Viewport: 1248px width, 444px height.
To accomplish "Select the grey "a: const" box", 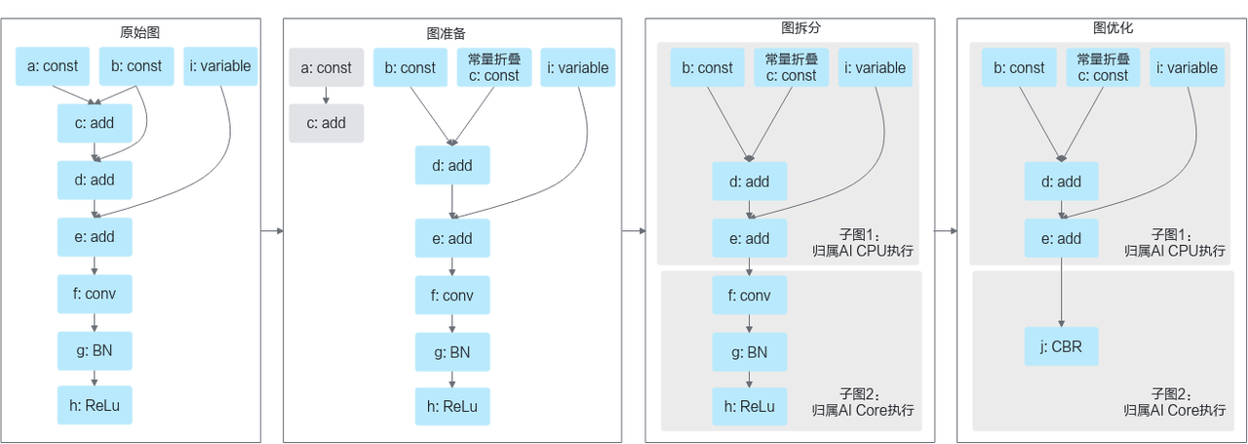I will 327,67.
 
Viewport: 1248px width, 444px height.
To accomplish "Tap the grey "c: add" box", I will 327,123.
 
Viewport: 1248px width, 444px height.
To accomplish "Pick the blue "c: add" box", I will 95,123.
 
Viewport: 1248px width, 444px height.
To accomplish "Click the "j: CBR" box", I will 1062,345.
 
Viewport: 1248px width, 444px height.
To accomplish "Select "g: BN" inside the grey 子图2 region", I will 749,351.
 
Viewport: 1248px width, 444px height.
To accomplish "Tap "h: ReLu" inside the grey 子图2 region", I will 749,406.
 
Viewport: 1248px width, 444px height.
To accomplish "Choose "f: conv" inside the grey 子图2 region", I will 749,294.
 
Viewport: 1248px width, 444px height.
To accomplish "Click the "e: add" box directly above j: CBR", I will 1062,238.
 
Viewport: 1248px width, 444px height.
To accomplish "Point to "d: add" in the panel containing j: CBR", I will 1062,182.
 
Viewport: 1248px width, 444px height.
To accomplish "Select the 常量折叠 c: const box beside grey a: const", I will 494,67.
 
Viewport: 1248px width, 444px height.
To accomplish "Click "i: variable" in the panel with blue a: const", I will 220,66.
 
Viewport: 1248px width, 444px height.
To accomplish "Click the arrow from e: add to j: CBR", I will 1062,293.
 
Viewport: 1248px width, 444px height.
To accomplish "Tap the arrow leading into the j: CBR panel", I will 944,231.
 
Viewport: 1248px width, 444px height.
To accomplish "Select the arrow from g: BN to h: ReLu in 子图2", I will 749,379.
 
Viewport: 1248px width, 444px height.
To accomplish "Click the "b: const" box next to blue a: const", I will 136,66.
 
